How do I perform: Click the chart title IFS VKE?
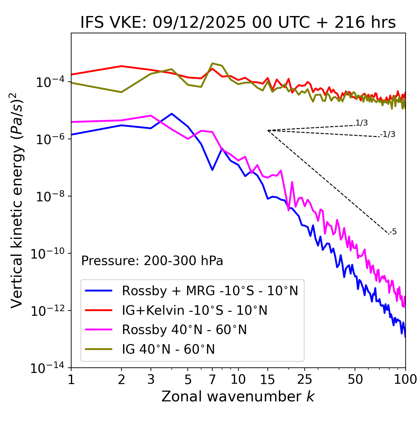point(238,23)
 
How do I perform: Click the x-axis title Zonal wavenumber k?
point(238,396)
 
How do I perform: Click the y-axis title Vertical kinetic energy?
point(17,200)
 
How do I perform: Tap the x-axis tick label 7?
point(212,379)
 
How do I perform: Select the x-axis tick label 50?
point(355,379)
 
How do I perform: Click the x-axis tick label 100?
point(405,379)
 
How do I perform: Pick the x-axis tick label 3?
point(151,379)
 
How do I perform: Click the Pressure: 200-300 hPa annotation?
point(152,261)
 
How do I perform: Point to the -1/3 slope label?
point(388,134)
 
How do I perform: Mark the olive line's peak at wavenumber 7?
point(212,63)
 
